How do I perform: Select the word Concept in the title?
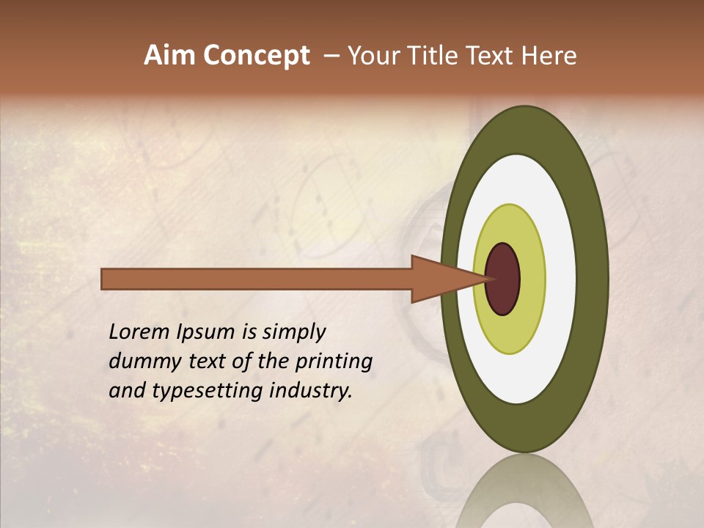point(256,56)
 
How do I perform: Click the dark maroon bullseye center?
point(502,279)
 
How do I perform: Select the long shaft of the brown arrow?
point(257,279)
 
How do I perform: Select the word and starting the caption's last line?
point(126,390)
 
